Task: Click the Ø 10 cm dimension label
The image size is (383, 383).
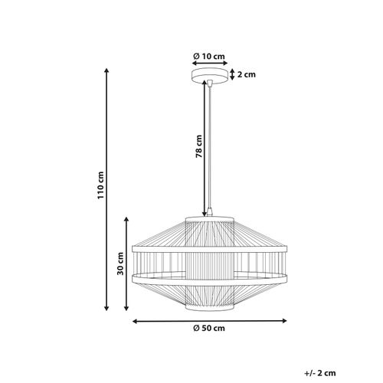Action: click(x=208, y=55)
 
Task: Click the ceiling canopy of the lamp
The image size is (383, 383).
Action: click(x=208, y=75)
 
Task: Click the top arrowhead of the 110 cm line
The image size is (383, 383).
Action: click(x=106, y=70)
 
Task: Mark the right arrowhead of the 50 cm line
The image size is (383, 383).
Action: click(x=284, y=321)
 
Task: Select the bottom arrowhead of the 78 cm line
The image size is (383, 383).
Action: click(x=205, y=214)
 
